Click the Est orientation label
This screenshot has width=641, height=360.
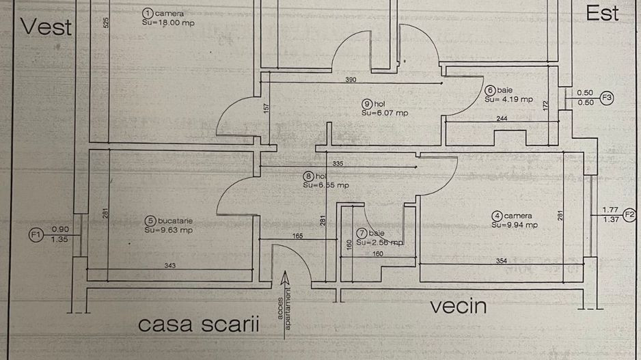pos(602,14)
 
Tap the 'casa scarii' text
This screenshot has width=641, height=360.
pos(199,324)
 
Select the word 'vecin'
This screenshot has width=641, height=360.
pos(458,306)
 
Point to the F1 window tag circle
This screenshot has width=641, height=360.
pos(36,236)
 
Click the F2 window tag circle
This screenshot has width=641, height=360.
pos(629,214)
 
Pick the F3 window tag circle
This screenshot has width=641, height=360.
pos(607,98)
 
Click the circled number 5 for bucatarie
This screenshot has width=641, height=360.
pos(150,221)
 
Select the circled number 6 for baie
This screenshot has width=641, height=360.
pos(490,90)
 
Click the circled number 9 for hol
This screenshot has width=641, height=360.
pos(367,104)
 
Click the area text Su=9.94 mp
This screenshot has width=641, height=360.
pos(515,225)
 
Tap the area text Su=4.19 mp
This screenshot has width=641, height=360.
pos(509,99)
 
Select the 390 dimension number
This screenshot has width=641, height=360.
pos(351,80)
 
